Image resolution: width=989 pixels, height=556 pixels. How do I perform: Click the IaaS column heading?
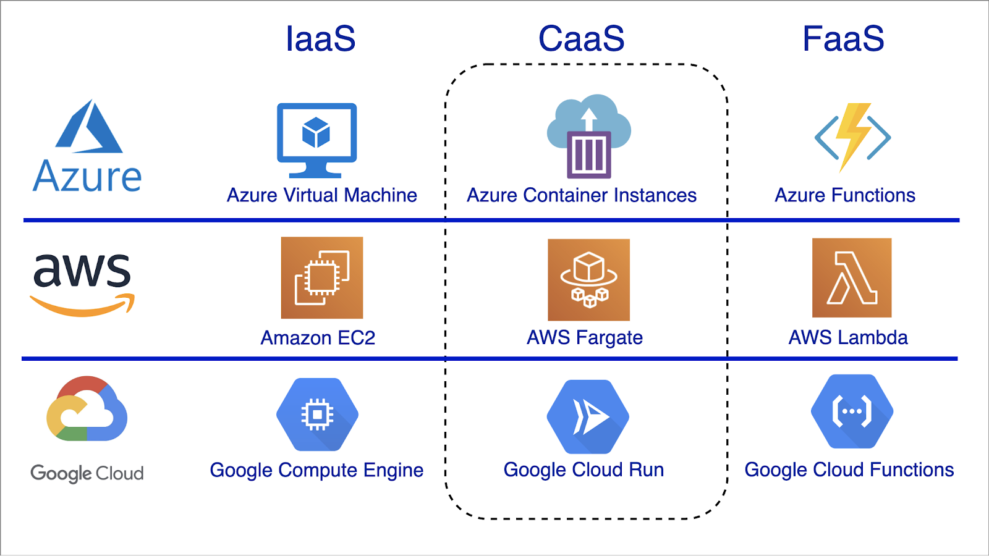pos(320,39)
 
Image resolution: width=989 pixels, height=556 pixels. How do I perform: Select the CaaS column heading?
pos(581,39)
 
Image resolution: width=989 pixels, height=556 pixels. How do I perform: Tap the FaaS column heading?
pos(843,39)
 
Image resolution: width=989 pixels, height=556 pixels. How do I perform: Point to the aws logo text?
pos(82,271)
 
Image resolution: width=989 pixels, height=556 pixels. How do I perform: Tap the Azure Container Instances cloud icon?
pos(589,136)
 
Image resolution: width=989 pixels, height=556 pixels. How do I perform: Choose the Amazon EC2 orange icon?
pos(322,278)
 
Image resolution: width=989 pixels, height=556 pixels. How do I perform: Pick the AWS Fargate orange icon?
pos(588,280)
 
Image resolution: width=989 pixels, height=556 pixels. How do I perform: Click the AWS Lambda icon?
pos(852,278)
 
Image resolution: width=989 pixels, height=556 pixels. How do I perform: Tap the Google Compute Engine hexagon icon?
pos(317,414)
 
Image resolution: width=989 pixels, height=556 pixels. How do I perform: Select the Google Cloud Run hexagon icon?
pos(588,416)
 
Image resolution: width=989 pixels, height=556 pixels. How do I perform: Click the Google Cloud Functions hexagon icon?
pos(852,411)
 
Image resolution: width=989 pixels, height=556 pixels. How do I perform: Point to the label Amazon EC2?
pos(318,338)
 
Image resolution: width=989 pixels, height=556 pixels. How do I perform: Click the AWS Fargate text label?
pos(585,338)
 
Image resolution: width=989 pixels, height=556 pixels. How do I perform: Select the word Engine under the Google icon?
pos(393,471)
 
